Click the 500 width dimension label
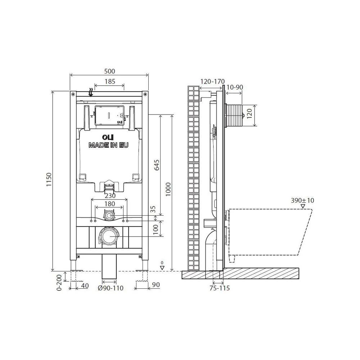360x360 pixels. (109, 71)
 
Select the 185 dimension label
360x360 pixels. (110, 81)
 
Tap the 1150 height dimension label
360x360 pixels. (49, 180)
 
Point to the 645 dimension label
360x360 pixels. (157, 165)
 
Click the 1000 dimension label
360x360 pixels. (168, 189)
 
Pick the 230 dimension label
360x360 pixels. (110, 195)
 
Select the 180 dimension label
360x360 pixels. (109, 204)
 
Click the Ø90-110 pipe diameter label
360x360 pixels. (111, 288)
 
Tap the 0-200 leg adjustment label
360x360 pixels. (59, 283)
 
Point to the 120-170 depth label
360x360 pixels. (213, 81)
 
